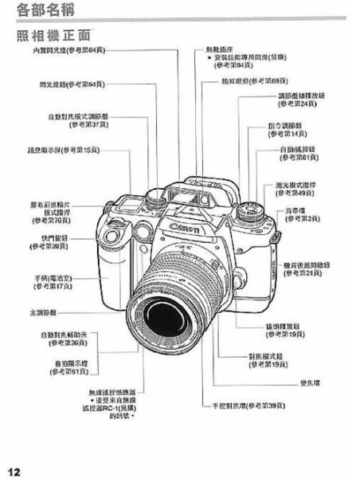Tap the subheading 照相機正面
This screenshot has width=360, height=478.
coord(54,36)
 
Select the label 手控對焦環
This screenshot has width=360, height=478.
coord(247,406)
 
